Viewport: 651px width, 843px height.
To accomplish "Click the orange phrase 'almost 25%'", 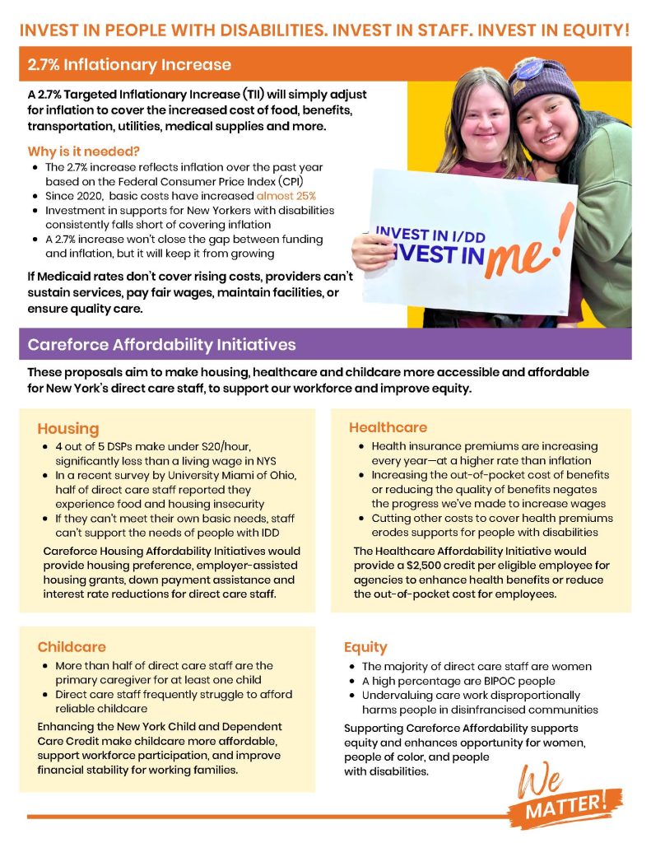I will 286,196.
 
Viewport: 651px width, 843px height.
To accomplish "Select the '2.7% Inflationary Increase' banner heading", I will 129,64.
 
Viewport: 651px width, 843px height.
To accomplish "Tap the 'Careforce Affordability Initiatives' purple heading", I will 161,344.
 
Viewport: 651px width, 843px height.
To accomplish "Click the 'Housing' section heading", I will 67,428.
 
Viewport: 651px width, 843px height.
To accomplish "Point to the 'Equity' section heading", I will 365,646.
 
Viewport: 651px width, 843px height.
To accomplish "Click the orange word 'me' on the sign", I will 515,258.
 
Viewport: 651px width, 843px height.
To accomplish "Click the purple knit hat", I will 543,82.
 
